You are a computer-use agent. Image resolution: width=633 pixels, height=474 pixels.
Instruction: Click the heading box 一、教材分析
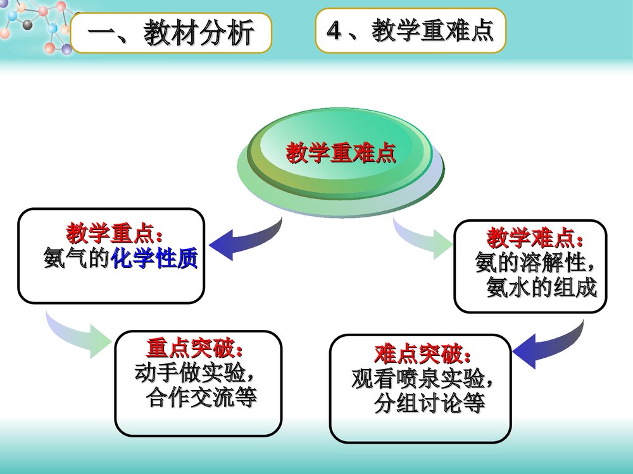[x=171, y=33]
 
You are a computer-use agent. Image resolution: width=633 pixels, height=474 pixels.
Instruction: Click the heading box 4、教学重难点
[x=410, y=30]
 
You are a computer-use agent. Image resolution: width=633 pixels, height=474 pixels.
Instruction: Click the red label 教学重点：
[x=115, y=234]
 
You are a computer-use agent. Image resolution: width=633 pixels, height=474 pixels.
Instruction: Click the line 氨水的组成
[x=541, y=288]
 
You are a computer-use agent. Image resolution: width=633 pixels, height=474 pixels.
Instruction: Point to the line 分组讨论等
[x=429, y=403]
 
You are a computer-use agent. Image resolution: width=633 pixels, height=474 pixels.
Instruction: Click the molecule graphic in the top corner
[x=35, y=25]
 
